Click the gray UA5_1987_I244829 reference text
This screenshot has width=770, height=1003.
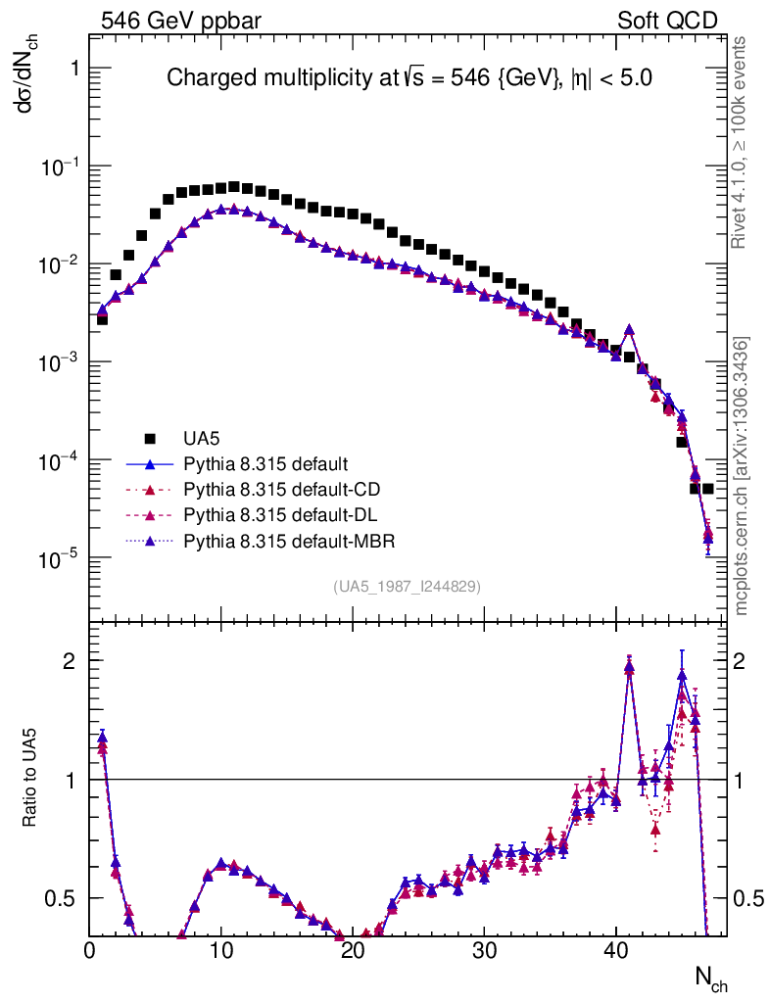408,587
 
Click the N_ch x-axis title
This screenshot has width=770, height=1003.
710,977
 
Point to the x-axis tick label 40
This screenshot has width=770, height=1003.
615,951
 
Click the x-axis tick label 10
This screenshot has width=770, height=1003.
221,951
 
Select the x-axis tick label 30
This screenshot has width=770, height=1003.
484,951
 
